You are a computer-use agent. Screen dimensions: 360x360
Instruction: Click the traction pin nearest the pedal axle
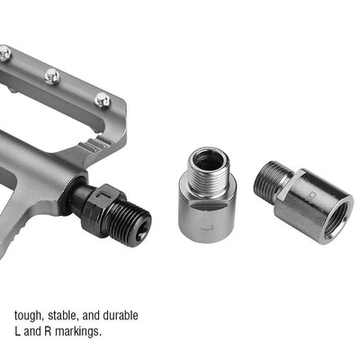point(103,98)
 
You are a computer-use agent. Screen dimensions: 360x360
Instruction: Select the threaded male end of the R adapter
point(267,184)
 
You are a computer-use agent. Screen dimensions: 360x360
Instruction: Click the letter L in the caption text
point(18,332)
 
